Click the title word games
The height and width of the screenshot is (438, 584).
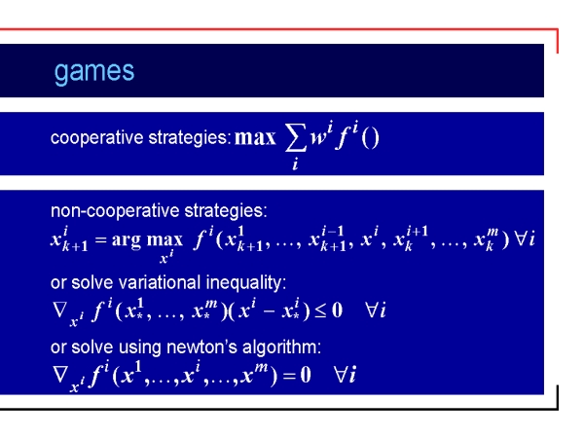pos(94,71)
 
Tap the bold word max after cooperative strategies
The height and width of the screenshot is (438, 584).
pos(255,137)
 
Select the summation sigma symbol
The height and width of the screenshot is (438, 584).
pos(296,138)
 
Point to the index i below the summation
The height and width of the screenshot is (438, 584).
pos(295,164)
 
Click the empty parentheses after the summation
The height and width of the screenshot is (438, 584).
pos(370,138)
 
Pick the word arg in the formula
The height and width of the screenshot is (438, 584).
pos(127,240)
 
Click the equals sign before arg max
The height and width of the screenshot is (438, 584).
pos(101,239)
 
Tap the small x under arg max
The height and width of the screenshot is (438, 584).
pos(164,258)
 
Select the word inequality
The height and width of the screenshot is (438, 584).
pos(246,282)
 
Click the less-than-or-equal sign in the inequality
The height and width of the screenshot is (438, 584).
pos(320,310)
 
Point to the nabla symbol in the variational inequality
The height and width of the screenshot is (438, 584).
pos(60,309)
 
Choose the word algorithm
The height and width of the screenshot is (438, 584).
pos(281,347)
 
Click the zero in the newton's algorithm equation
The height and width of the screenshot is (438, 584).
pos(306,375)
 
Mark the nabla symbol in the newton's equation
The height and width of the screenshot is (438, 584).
pos(60,375)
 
